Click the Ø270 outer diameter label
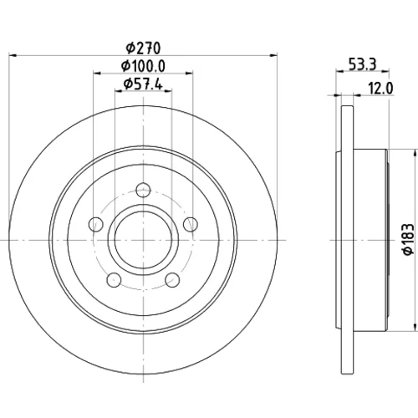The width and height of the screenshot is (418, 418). click(x=143, y=48)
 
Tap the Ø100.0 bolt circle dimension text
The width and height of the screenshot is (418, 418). click(x=143, y=66)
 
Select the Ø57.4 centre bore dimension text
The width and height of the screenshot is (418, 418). click(x=143, y=84)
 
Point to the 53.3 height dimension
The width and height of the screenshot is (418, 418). click(x=363, y=64)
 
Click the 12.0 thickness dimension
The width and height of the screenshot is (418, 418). click(x=380, y=89)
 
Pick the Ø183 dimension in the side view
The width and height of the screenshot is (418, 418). click(x=408, y=239)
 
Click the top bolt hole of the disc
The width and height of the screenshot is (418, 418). click(x=143, y=190)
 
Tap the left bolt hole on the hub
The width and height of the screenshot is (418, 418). click(x=96, y=224)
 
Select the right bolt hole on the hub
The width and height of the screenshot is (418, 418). click(x=191, y=224)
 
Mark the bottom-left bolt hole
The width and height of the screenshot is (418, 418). click(x=114, y=280)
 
